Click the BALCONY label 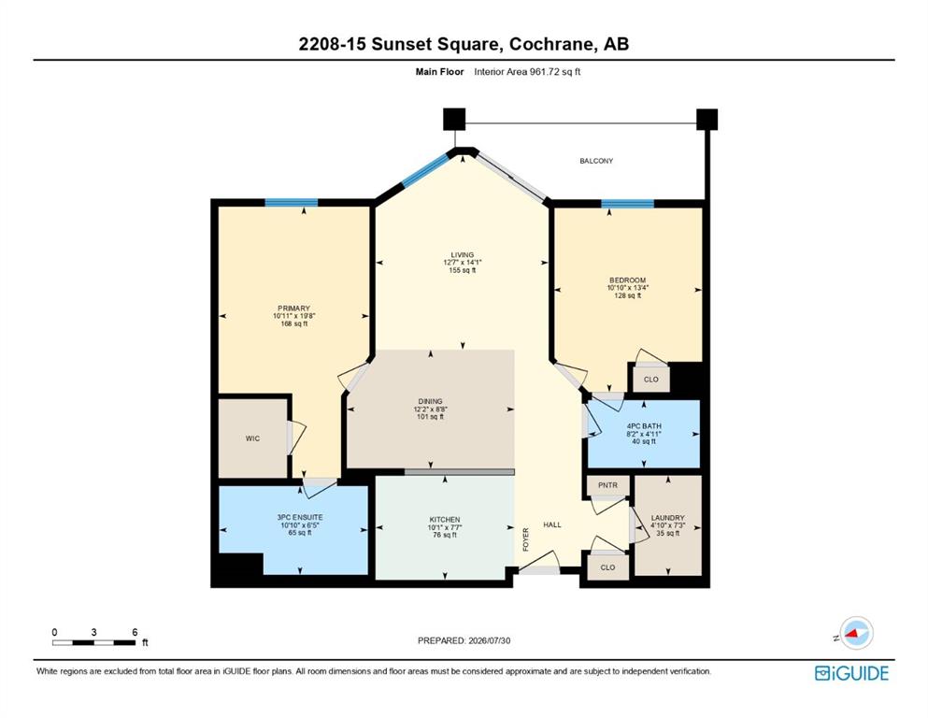coord(596,161)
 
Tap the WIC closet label coord(252,438)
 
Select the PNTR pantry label coord(607,485)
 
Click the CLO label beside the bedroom coord(651,380)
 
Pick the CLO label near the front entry coord(607,567)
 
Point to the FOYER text coord(525,539)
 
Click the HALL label coord(552,524)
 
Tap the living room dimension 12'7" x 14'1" coord(463,263)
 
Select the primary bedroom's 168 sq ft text coord(294,323)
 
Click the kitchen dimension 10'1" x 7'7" coord(445,527)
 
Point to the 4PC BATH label coord(644,426)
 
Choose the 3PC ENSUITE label coord(300,517)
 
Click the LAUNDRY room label coord(667,518)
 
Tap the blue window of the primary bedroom coord(292,203)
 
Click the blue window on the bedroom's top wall coord(628,204)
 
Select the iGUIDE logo coord(851,674)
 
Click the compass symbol coord(856,633)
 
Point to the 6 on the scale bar coord(135,632)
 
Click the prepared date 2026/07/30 coord(489,640)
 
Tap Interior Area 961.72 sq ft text coord(527,72)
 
